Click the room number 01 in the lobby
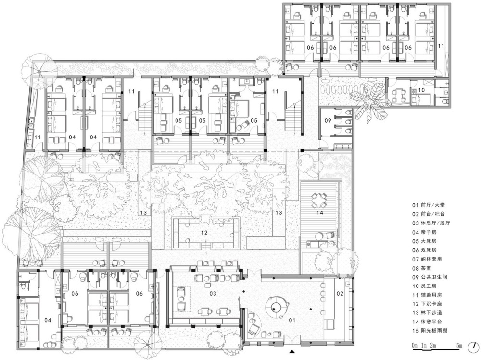tap(292, 320)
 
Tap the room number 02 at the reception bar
tap(340, 294)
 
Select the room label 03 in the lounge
tap(213, 294)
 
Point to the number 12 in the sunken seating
tap(204, 233)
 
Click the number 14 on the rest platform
tap(320, 212)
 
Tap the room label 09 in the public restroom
tap(328, 120)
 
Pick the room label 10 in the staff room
tap(421, 90)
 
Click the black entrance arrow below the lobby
tap(292, 352)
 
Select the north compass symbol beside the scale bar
tap(474, 347)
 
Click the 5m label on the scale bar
tap(459, 346)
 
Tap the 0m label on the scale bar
tap(415, 346)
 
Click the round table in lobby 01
tap(277, 305)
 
